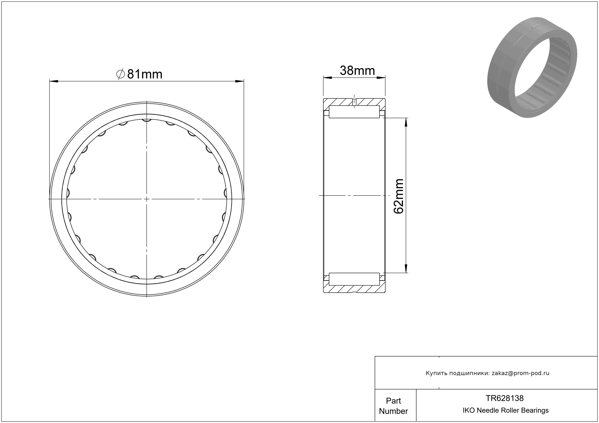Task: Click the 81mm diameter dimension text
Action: [145, 74]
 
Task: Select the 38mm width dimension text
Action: [357, 71]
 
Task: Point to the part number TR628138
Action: [505, 398]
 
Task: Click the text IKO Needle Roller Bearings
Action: [506, 410]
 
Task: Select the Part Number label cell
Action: [393, 406]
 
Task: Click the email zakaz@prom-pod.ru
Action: [520, 373]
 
